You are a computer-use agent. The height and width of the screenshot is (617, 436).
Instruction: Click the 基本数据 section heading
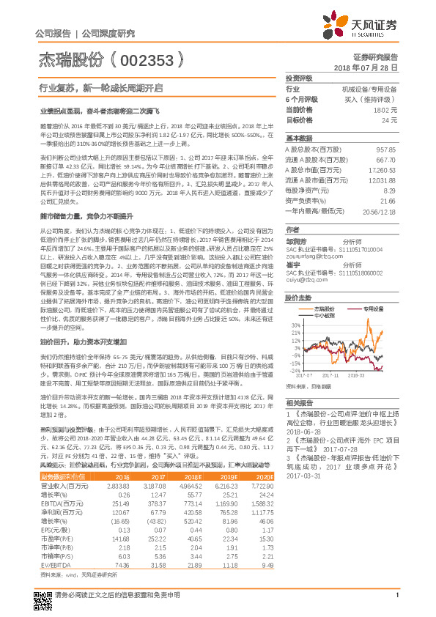click(299, 138)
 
